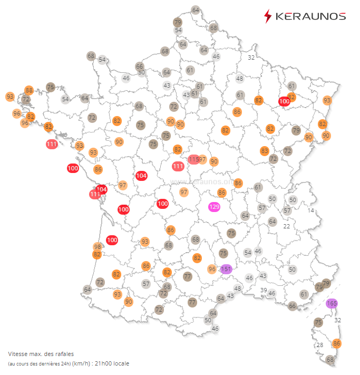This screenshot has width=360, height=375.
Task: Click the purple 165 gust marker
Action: [x=332, y=303]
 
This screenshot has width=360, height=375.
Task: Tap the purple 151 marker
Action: [x=226, y=269]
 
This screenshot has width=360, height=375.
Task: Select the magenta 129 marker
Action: [x=215, y=207]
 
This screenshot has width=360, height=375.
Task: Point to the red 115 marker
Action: [x=193, y=159]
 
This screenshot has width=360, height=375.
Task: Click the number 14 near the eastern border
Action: [x=311, y=210]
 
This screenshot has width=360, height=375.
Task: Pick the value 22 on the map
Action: [x=287, y=226]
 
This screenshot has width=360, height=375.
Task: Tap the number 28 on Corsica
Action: [x=319, y=345]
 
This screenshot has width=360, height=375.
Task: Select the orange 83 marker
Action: [x=265, y=151]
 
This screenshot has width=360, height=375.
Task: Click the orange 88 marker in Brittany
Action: [x=29, y=90]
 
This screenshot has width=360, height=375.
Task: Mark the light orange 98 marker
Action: [x=98, y=247]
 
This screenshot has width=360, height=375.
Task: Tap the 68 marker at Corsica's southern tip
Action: [x=330, y=360]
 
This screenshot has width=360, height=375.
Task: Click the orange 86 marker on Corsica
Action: [x=337, y=343]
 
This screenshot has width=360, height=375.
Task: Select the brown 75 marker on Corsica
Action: [x=318, y=322]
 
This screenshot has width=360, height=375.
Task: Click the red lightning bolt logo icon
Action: [x=268, y=16]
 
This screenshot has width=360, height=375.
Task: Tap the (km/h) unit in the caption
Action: [x=81, y=363]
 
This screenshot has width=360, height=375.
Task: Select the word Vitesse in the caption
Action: [x=19, y=353]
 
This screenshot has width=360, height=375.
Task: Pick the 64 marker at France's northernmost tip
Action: [x=196, y=10]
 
